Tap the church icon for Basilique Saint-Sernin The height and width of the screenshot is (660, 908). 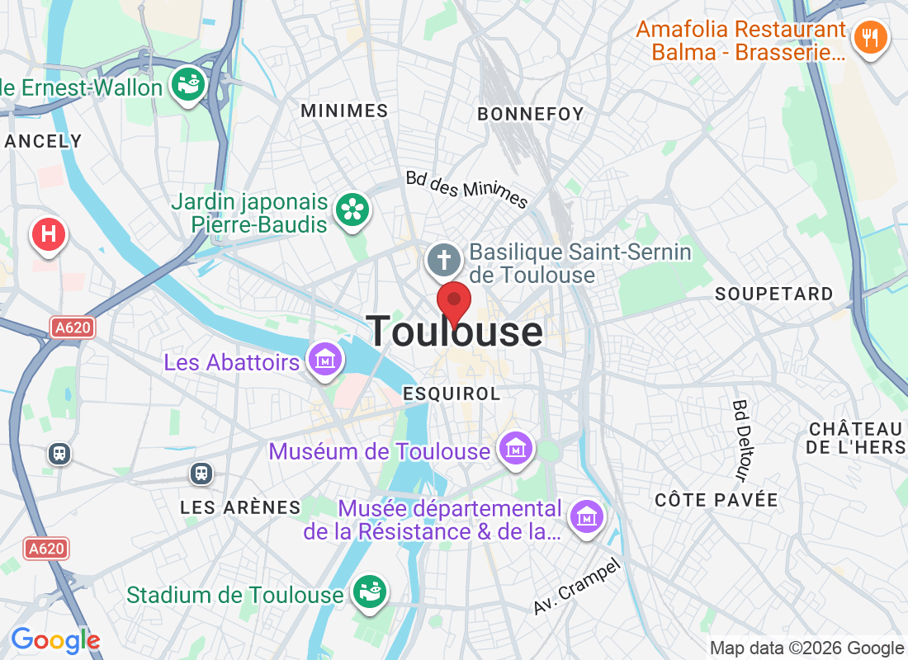point(444,261)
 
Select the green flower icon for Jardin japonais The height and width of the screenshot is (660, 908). point(352,210)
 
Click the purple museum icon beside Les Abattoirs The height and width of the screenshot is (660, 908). point(324,360)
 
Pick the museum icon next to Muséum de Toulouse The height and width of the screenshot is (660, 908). point(516,450)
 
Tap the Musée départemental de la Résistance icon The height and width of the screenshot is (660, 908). point(586,519)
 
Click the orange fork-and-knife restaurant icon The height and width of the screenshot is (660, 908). point(869,37)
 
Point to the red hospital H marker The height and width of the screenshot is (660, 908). point(48,234)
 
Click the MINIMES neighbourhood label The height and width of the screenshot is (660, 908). point(344,111)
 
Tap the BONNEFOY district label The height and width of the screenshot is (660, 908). point(531,114)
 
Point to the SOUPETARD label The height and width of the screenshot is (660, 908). point(774,294)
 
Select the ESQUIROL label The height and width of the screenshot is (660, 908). point(452,394)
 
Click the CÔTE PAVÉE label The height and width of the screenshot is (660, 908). point(716,500)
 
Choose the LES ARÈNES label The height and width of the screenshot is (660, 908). point(240,507)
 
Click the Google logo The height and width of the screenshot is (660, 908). point(54,640)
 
